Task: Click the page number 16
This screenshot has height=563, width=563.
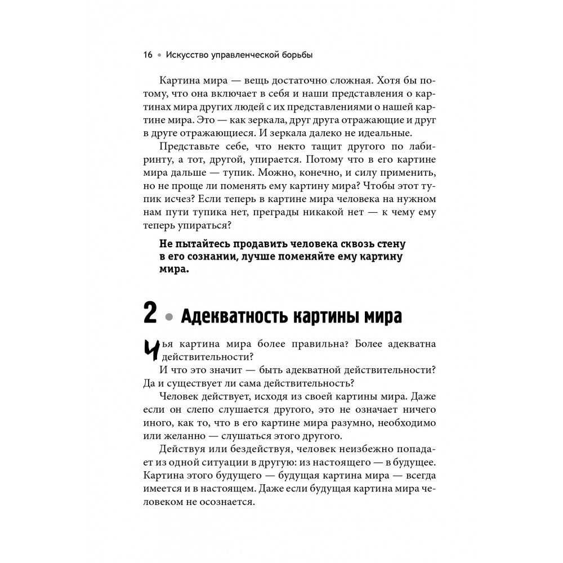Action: pyautogui.click(x=148, y=55)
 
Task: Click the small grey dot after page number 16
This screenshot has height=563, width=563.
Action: pyautogui.click(x=160, y=55)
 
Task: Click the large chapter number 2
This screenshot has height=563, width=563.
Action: pyautogui.click(x=150, y=314)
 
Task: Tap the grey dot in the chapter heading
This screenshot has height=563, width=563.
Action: pyautogui.click(x=167, y=317)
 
